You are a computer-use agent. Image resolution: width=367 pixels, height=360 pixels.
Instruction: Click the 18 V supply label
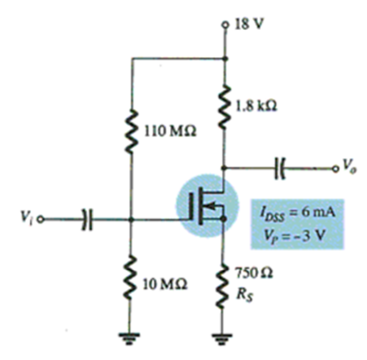pos(249,24)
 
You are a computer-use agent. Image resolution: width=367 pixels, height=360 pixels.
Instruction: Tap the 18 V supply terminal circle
pos(225,25)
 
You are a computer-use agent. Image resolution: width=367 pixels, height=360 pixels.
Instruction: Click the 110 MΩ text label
pos(170,131)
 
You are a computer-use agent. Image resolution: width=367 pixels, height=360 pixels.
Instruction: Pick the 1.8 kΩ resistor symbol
pos(225,107)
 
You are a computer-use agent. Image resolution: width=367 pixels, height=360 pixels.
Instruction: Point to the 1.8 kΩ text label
pos(256,106)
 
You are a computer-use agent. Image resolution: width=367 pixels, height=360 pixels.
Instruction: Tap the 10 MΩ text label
pos(165,284)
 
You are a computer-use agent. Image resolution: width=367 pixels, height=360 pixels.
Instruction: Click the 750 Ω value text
pos(254,273)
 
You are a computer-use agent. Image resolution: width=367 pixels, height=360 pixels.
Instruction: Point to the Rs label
pos(244,295)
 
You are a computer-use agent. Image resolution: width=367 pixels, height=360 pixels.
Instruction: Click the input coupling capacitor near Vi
pos(87,219)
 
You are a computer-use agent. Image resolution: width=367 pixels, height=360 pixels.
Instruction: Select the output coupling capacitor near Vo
pos(280,168)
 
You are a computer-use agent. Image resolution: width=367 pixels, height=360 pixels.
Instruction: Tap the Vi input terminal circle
pos(41,219)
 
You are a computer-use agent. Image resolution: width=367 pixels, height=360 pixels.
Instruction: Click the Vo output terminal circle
pos(335,169)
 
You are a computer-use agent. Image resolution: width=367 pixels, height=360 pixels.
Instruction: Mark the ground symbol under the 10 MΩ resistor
pos(129,339)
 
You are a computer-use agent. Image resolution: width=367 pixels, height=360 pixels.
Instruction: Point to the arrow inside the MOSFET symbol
pos(210,206)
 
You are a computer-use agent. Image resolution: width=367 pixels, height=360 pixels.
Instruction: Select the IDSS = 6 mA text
pos(298,214)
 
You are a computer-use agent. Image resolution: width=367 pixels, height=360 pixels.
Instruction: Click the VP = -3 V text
pos(295,235)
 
